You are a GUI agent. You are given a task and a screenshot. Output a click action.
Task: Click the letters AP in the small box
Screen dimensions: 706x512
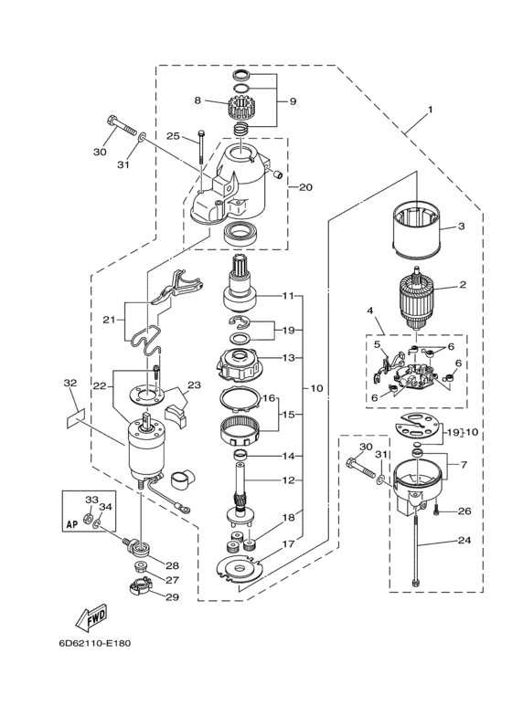(x=73, y=524)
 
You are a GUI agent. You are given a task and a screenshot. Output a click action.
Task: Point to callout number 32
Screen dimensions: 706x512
(x=69, y=384)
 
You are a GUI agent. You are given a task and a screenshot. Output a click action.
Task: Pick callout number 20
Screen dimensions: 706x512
(x=306, y=187)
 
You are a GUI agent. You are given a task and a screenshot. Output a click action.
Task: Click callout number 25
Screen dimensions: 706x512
(x=173, y=136)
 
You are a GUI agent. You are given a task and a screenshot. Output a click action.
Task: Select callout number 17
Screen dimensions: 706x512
(x=289, y=545)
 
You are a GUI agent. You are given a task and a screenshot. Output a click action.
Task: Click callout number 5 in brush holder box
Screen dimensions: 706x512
(x=375, y=344)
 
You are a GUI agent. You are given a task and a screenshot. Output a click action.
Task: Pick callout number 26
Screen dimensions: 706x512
(x=464, y=511)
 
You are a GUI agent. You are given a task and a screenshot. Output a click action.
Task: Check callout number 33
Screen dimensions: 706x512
(x=91, y=500)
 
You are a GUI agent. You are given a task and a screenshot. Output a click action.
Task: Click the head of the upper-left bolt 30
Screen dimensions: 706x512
(x=113, y=121)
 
